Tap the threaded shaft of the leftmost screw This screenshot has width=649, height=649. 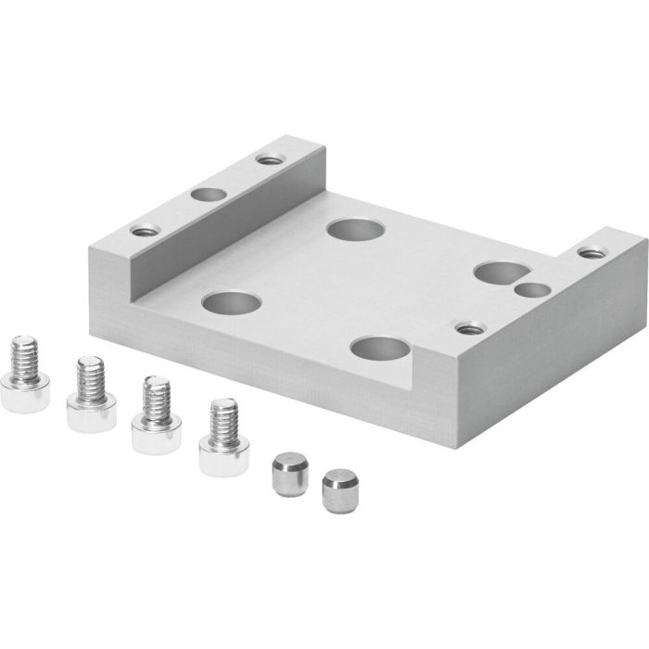[x=24, y=356]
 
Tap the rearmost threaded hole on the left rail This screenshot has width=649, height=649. [x=270, y=160]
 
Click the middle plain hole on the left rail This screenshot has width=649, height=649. [x=208, y=196]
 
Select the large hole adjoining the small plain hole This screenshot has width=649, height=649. [x=497, y=272]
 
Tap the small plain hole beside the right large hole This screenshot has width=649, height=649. [x=531, y=290]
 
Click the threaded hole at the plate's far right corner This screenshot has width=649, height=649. [x=589, y=250]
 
